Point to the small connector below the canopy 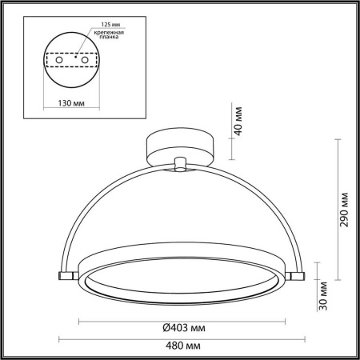tap(181, 165)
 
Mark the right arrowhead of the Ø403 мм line tap(283, 320)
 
